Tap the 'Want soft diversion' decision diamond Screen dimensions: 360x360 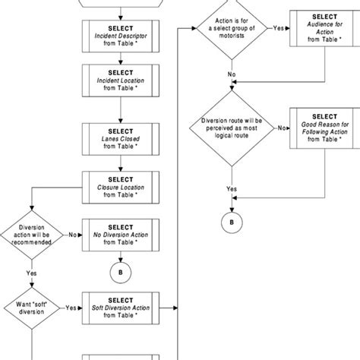pyautogui.click(x=30, y=308)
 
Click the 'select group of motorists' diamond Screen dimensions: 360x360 pyautogui.click(x=229, y=30)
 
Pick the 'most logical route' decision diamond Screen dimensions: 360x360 pyautogui.click(x=229, y=129)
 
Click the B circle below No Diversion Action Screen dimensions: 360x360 pyautogui.click(x=116, y=271)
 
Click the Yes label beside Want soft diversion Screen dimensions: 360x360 pyautogui.click(x=70, y=308)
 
